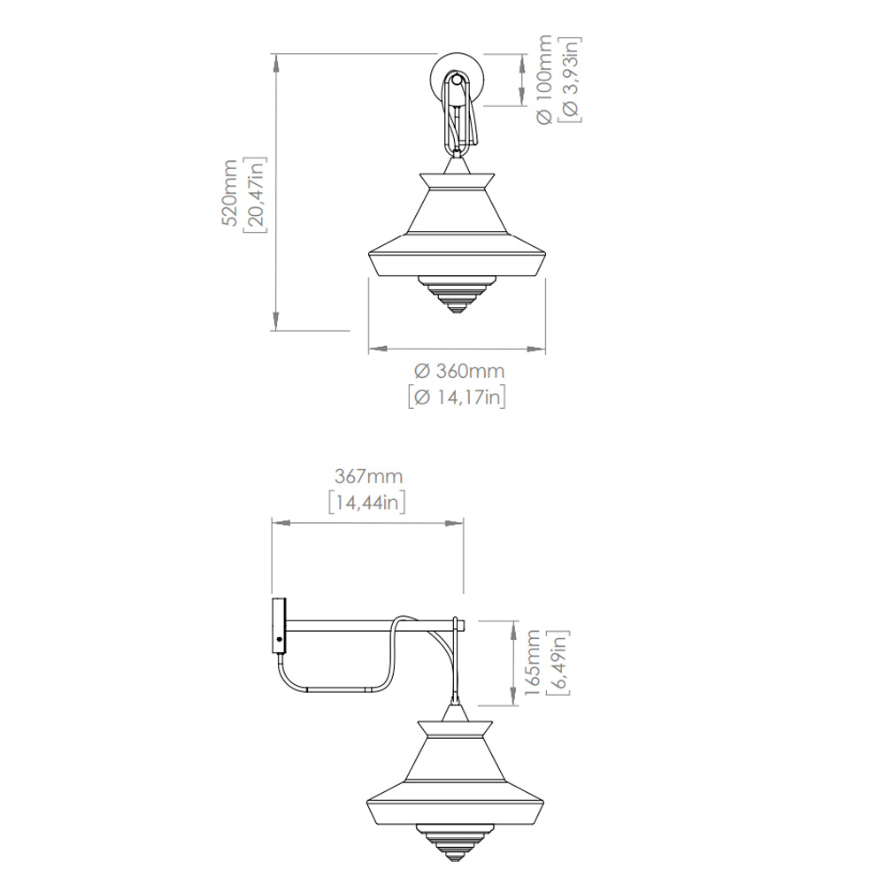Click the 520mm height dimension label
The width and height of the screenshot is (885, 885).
pyautogui.click(x=229, y=192)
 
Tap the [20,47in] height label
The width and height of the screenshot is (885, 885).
pyautogui.click(x=255, y=195)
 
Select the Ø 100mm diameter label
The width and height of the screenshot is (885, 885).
pyautogui.click(x=544, y=79)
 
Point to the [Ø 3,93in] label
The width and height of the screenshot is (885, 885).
pyautogui.click(x=570, y=79)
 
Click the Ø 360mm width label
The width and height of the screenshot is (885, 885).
pyautogui.click(x=458, y=371)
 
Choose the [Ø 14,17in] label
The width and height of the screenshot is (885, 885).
pyautogui.click(x=458, y=396)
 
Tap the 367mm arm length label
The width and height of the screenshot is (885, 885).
pyautogui.click(x=368, y=476)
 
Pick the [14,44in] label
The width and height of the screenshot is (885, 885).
pyautogui.click(x=367, y=502)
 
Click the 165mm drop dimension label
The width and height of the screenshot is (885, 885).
pyautogui.click(x=532, y=663)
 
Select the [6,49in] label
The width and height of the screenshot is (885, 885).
pyautogui.click(x=558, y=663)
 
